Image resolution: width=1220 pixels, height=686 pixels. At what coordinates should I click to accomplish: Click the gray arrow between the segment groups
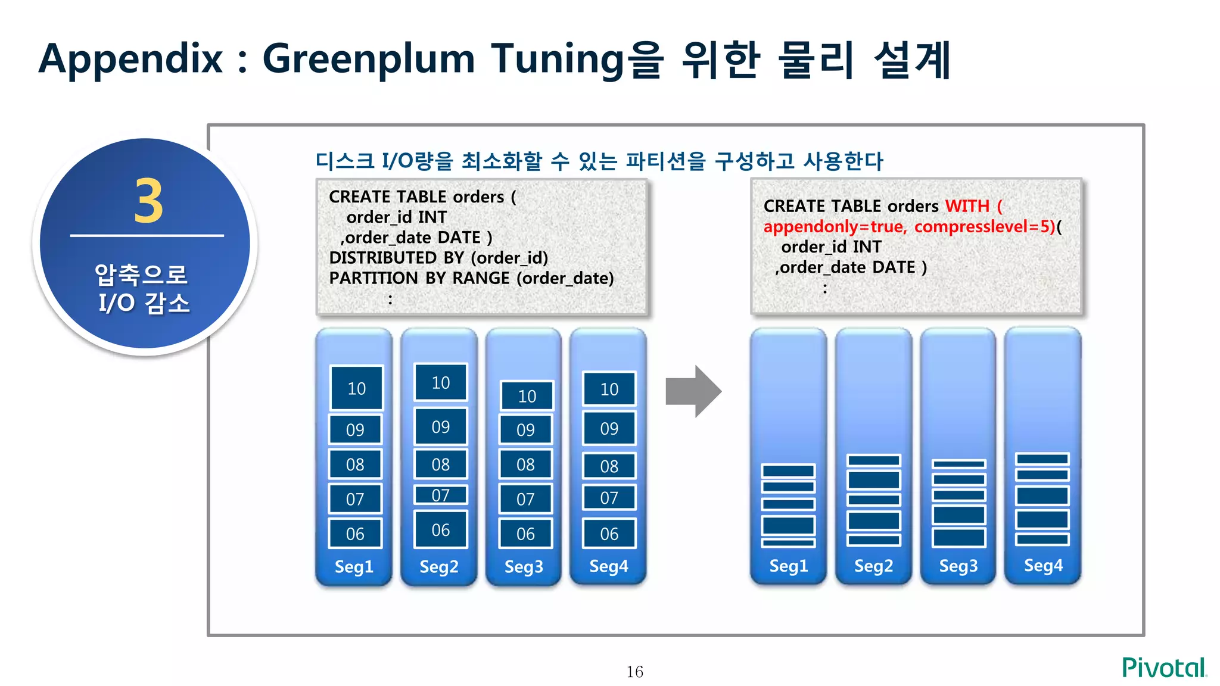693,391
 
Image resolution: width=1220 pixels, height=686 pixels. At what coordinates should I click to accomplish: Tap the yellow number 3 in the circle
148,201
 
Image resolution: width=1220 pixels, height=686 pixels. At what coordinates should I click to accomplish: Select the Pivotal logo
1164,668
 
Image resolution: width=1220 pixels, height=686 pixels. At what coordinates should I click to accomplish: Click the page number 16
634,672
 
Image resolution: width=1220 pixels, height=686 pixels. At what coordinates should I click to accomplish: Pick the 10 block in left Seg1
356,388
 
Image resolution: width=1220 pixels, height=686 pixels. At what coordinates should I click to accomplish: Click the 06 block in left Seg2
441,529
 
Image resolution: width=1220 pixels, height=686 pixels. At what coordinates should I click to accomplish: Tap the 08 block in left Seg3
525,464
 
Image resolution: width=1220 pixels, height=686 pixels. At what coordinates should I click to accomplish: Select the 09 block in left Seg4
609,428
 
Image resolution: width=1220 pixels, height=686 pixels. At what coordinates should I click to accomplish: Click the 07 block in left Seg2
441,495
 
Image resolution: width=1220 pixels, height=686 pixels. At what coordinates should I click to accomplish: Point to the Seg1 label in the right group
789,566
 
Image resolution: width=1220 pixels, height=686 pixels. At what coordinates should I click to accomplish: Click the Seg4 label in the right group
1043,566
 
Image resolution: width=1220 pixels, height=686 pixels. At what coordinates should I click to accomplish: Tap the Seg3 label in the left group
524,566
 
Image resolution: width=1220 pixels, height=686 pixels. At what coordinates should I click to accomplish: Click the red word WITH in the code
967,206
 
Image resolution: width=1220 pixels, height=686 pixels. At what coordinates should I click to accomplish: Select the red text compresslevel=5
984,227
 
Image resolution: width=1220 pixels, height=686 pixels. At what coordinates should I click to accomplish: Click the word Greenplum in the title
368,59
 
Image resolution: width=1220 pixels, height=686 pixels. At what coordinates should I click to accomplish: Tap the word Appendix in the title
130,59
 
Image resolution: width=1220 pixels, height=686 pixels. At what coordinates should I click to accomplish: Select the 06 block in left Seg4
609,534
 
